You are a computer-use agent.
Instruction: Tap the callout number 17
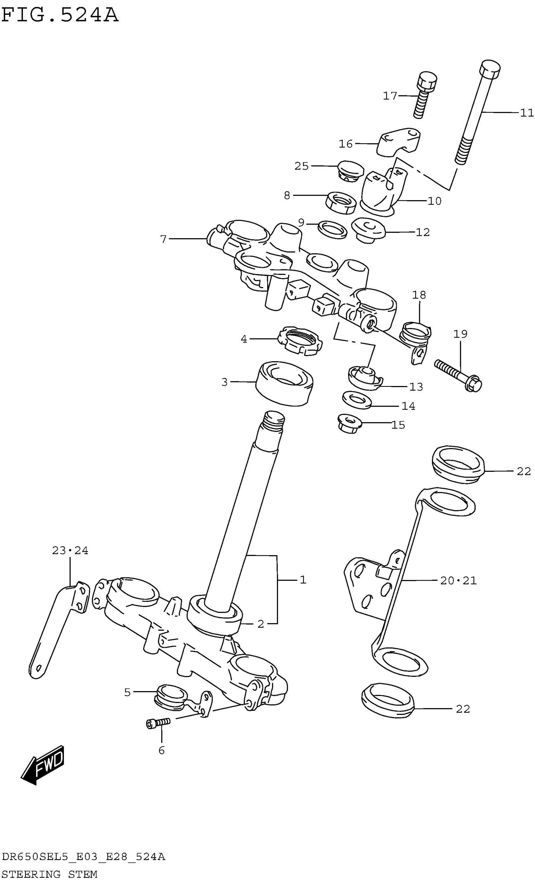390,96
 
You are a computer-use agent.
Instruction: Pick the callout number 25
301,166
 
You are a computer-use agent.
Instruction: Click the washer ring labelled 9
332,230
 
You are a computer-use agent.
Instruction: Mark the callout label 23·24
70,550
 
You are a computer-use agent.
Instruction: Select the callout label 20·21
458,581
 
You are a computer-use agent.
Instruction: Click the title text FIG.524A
59,15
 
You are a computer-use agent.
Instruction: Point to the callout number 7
163,239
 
